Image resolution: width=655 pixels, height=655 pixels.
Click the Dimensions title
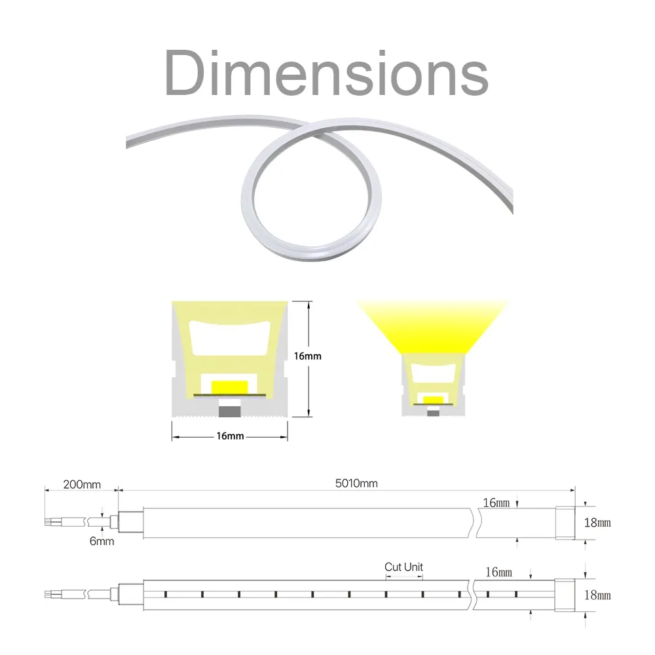pyautogui.click(x=326, y=73)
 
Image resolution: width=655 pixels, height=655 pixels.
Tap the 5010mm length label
pyautogui.click(x=356, y=483)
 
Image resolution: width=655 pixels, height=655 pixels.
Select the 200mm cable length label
pyautogui.click(x=82, y=485)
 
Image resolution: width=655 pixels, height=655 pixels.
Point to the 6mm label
pyautogui.click(x=102, y=542)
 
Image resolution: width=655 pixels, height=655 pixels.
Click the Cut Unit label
pyautogui.click(x=403, y=567)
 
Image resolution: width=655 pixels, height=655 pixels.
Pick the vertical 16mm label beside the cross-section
pyautogui.click(x=307, y=356)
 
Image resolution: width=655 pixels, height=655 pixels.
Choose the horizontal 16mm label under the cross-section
pyautogui.click(x=230, y=436)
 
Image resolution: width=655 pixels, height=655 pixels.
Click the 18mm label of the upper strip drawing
pyautogui.click(x=597, y=523)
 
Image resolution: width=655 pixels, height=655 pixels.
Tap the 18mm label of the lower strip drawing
pyautogui.click(x=597, y=595)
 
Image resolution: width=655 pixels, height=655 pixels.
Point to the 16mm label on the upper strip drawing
pyautogui.click(x=496, y=502)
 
